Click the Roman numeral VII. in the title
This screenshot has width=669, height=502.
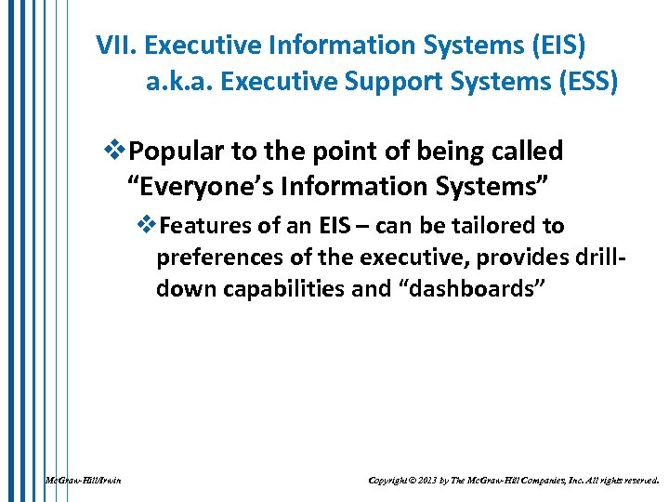[117, 45]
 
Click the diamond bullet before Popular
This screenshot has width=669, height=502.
[115, 151]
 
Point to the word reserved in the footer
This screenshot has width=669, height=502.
[636, 480]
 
